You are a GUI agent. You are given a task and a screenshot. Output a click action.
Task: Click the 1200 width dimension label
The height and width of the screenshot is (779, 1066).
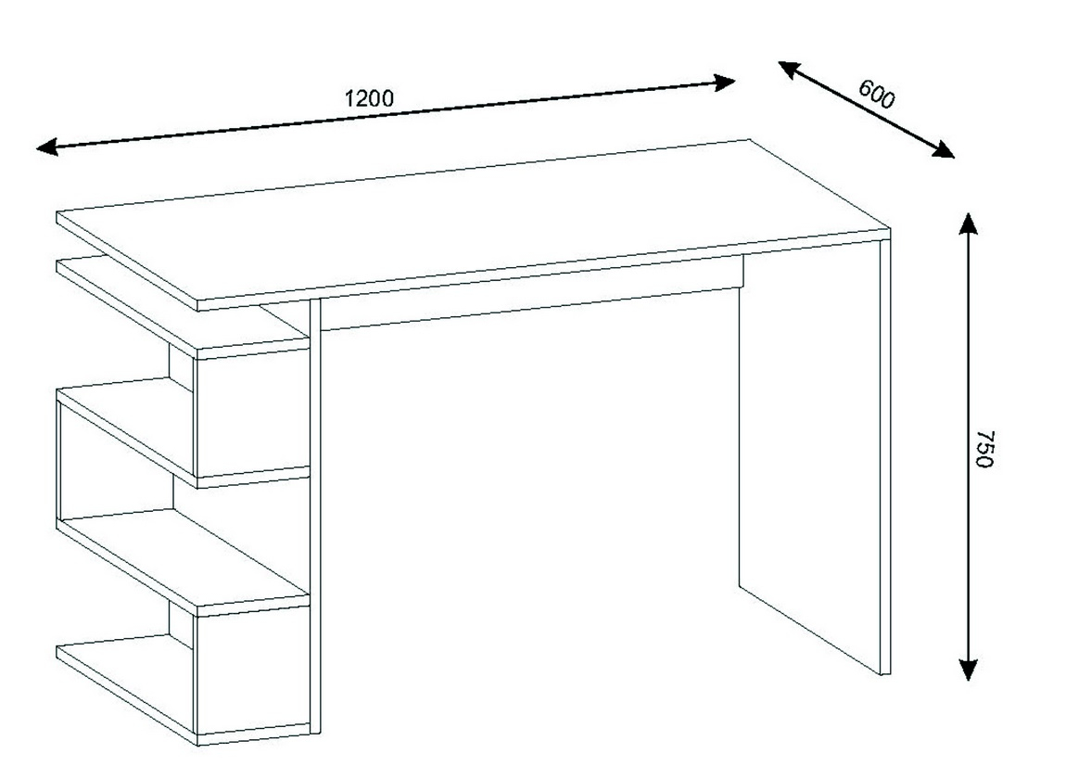click(x=369, y=98)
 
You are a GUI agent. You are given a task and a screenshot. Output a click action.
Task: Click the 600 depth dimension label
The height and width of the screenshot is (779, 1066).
click(x=876, y=94)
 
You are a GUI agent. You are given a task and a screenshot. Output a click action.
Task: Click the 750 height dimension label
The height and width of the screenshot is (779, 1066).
click(x=984, y=449)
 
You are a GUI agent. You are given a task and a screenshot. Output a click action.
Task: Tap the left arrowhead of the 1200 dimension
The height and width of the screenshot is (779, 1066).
click(x=46, y=147)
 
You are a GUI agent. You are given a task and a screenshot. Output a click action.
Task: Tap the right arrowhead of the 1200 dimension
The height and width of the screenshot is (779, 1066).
click(x=725, y=83)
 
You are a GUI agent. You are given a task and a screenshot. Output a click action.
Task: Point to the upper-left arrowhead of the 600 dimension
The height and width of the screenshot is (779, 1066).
click(x=788, y=68)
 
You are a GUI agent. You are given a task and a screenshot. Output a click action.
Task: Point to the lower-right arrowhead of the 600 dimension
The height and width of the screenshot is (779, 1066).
click(x=944, y=149)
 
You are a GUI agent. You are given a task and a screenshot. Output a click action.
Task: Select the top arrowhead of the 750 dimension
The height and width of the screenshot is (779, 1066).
click(x=968, y=223)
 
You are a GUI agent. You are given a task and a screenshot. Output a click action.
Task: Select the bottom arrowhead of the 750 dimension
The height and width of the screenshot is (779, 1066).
click(x=968, y=670)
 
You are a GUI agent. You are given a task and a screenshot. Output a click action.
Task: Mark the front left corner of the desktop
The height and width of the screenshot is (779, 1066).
click(x=197, y=300)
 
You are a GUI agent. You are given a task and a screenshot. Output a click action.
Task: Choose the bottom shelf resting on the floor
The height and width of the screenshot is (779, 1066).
click(x=184, y=691)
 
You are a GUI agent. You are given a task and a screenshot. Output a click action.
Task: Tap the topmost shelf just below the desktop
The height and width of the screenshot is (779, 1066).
click(x=184, y=306)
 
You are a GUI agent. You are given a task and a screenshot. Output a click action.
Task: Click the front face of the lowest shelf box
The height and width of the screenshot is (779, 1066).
click(x=253, y=671)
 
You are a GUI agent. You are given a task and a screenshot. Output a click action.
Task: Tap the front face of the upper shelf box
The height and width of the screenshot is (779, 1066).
click(x=253, y=413)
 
